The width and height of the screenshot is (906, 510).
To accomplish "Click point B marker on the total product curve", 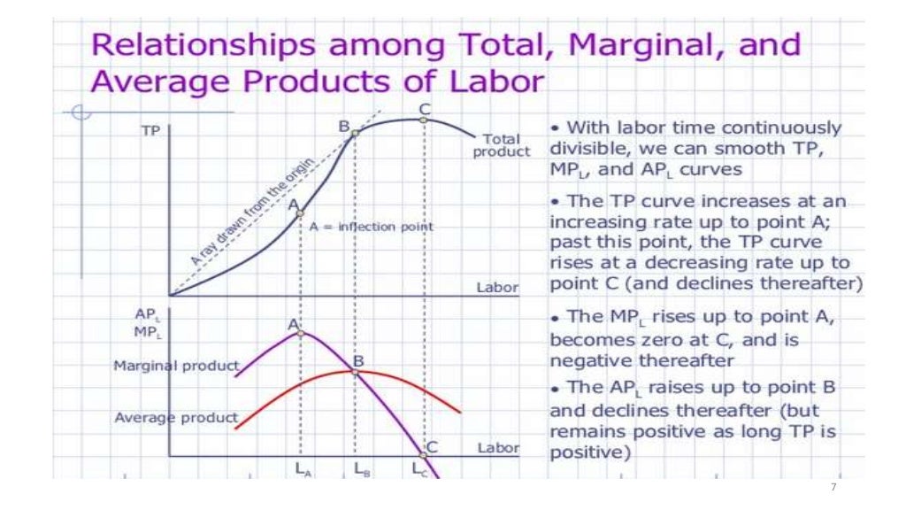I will pos(355,134).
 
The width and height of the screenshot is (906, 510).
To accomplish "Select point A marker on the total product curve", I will pos(300,213).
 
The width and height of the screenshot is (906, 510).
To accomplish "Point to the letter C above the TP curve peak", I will pos(425,109).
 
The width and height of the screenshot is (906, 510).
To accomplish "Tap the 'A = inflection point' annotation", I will pos(372,227).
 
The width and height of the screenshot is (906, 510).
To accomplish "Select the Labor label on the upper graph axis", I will pos(497,288).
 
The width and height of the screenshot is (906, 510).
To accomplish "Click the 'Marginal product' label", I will pos(176,366).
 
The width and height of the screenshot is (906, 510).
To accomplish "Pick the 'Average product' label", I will pos(176,417).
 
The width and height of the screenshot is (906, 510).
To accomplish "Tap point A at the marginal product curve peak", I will pos(300,333).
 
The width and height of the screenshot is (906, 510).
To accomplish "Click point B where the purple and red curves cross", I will pos(356,373).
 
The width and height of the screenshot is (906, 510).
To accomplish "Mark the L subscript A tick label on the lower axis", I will pos(302,470).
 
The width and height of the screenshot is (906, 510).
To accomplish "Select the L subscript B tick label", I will pos(362,470).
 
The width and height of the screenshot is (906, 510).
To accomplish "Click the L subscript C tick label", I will pos(419,470).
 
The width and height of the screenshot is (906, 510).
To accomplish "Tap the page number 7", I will pos(833,489).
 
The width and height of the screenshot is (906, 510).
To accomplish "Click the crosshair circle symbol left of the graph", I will pos(81,112).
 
